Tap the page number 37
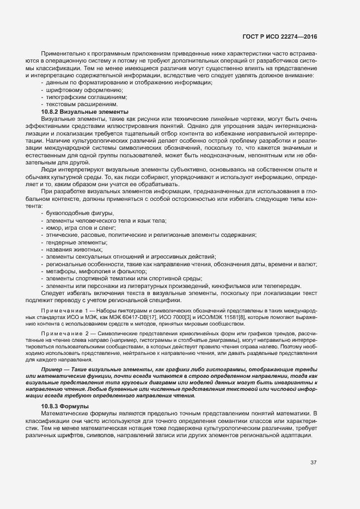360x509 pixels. click(x=314, y=463)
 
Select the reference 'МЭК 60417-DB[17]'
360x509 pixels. click(x=148, y=316)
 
